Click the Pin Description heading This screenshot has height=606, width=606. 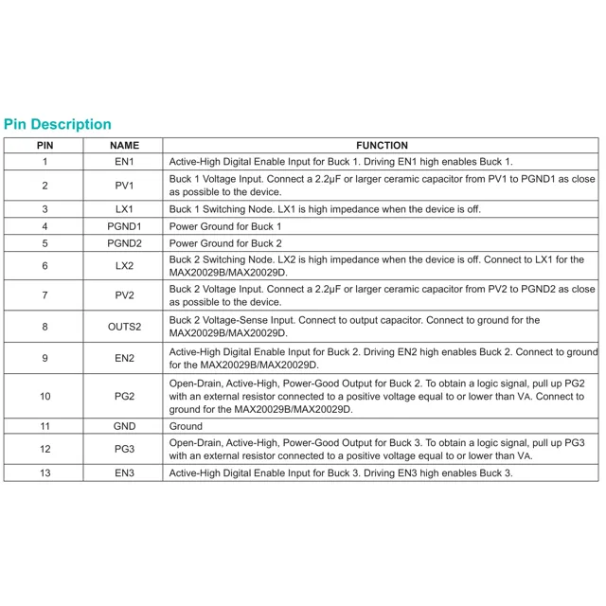point(58,124)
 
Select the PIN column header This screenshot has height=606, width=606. point(45,146)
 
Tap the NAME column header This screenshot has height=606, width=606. point(124,146)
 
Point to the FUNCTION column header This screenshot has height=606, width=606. point(382,146)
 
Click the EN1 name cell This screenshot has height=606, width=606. point(124,162)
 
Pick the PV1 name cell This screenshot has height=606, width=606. point(124,186)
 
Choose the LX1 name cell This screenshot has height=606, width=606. point(124,209)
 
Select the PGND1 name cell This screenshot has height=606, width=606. point(124,227)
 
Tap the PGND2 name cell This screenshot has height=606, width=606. point(124,243)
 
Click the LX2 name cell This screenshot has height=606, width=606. point(124,266)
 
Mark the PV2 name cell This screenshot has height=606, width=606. point(124,295)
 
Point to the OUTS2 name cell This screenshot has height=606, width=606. point(124,327)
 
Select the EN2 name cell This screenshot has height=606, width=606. point(124,358)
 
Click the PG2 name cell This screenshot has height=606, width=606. point(124,396)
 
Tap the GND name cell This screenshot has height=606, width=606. point(124,427)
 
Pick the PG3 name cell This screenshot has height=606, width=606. point(124,449)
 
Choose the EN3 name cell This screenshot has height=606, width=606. point(124,472)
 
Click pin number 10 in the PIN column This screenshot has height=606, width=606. point(45,396)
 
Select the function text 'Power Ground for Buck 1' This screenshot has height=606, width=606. point(225,227)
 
